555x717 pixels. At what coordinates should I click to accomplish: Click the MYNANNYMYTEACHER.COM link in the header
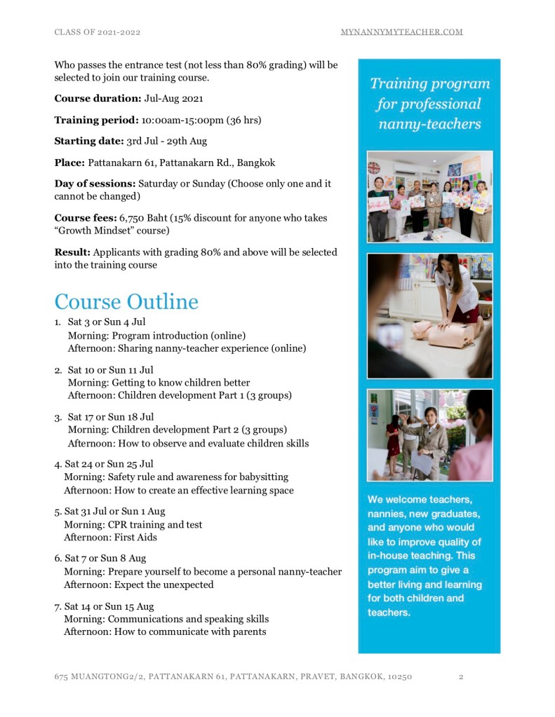click(401, 32)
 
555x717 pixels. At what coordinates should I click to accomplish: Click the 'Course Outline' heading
click(126, 302)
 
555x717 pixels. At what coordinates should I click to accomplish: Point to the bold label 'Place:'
click(69, 163)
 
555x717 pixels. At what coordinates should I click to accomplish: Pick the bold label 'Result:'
click(72, 252)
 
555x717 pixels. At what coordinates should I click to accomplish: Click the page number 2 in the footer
click(461, 677)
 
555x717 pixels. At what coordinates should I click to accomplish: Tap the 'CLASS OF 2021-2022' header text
click(102, 32)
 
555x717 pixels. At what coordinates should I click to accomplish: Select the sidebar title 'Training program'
click(429, 84)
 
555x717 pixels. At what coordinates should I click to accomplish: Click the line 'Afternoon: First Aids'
click(110, 538)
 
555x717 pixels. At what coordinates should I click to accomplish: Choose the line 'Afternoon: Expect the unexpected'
click(138, 585)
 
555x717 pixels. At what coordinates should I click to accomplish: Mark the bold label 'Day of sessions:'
click(95, 184)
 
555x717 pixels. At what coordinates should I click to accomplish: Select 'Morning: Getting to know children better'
click(159, 383)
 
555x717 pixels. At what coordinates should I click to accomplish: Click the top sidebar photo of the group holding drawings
click(429, 196)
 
